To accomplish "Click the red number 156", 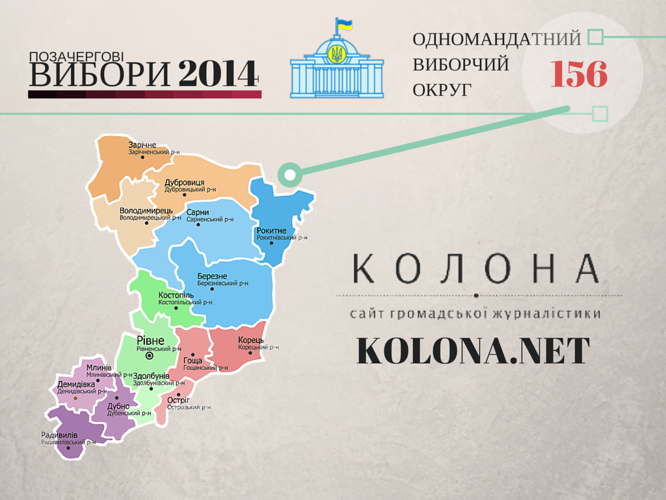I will tap(579, 75).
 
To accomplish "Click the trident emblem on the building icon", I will tap(337, 53).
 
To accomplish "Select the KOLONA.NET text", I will tap(473, 352).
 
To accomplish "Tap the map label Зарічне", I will tap(142, 145).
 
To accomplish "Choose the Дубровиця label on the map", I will tap(185, 182).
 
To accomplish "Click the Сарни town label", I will tap(197, 212).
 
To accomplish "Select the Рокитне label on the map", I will tap(271, 230).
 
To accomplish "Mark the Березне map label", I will tap(212, 276).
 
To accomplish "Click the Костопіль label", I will tap(176, 295).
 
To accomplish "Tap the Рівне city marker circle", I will tap(149, 356).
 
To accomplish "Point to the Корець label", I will tap(250, 340).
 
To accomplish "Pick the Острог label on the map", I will tap(178, 400).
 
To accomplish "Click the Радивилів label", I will tap(59, 435).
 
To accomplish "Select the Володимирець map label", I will tap(146, 210).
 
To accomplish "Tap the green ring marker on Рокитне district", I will tap(289, 174).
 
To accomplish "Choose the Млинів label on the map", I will tap(99, 367).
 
